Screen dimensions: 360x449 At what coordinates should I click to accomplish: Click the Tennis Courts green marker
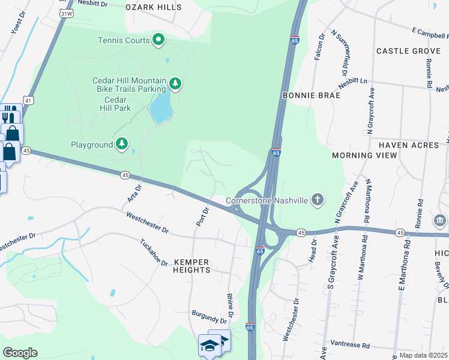coord(158,40)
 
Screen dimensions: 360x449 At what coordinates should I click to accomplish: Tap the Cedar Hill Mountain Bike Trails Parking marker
coord(175,83)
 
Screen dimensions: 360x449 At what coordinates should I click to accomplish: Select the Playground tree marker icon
coord(122,144)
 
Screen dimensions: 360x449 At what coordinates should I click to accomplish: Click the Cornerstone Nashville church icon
coord(318,200)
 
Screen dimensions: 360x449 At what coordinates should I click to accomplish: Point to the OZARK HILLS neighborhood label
coord(153,7)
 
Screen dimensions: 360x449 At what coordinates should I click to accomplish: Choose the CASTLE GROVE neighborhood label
coord(408,52)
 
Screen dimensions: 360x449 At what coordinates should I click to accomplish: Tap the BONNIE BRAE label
coord(311,95)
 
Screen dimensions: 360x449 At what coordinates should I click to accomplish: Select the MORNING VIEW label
coord(364,155)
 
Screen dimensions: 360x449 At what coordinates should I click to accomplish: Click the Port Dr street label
coord(202,217)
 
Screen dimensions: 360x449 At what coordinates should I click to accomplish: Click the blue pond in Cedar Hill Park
coord(159,109)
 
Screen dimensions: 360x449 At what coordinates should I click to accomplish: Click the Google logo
coord(20,352)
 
